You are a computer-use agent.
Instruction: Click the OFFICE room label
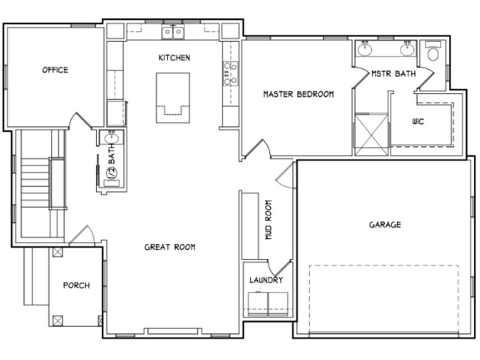point(55,70)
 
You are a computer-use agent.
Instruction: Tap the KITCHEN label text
point(174,58)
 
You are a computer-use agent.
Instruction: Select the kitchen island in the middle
point(173,97)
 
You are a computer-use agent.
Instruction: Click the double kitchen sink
point(173,32)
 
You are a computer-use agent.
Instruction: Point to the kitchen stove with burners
point(231,74)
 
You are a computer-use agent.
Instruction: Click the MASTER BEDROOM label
point(299,94)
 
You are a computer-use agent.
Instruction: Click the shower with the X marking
point(372,134)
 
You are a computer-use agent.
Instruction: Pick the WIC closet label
point(419,122)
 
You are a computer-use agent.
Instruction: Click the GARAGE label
point(385,225)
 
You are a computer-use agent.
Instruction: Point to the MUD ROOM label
point(269,220)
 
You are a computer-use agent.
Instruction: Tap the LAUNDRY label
point(266,280)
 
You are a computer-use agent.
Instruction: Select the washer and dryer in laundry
point(268,303)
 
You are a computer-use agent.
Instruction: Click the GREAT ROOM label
point(170,247)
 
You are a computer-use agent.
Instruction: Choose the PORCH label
point(76,285)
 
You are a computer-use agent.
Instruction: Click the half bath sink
point(112,139)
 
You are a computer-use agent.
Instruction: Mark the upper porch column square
point(58,252)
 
